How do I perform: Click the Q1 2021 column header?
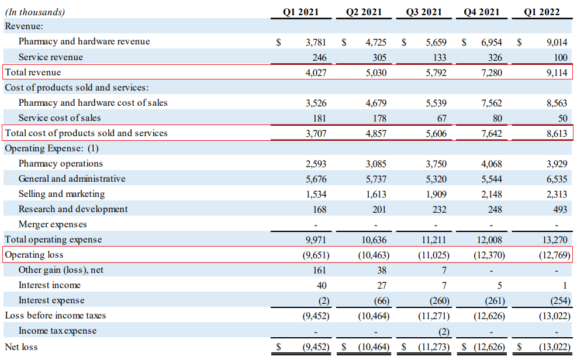coord(300,12)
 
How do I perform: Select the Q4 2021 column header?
coord(481,12)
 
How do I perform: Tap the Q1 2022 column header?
coord(542,12)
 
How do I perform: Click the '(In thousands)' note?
coord(35,12)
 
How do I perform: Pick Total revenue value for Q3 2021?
coord(436,73)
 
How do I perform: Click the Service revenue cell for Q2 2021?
coord(379,58)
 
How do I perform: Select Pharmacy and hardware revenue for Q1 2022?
coord(557,42)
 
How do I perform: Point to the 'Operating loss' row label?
coord(34,255)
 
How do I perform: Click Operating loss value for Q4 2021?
coord(489,255)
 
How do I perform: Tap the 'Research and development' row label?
coord(73,209)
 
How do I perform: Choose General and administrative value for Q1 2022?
coord(557,179)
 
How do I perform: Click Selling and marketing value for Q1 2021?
coord(316,194)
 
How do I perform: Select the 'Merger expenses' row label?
coord(53,224)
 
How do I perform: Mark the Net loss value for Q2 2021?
coord(374,347)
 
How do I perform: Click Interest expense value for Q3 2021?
coord(440,301)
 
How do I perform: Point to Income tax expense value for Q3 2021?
coord(444,332)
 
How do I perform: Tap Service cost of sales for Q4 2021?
coord(497,119)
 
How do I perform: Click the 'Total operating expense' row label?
coord(53,240)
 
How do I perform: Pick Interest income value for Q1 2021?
coord(322,285)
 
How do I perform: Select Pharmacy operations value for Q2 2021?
coord(376,164)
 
